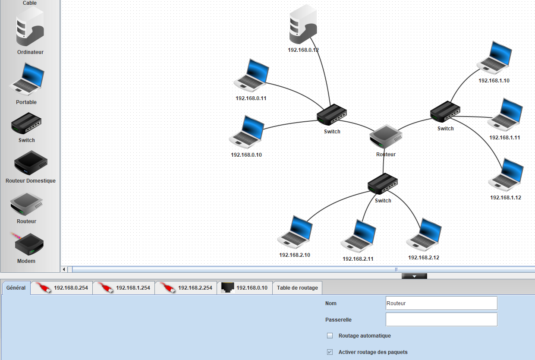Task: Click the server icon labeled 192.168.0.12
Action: click(x=303, y=24)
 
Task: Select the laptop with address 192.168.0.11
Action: click(x=251, y=75)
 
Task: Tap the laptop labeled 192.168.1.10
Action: click(x=494, y=57)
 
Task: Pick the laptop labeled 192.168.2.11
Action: click(x=358, y=236)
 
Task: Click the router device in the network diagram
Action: click(x=386, y=136)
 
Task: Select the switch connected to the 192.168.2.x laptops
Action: click(x=383, y=183)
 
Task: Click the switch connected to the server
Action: click(x=332, y=114)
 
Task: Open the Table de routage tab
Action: click(x=297, y=288)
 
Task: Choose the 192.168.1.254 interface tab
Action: click(x=124, y=288)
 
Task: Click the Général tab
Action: click(x=16, y=288)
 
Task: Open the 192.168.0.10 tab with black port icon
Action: click(x=245, y=288)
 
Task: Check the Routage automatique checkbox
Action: click(x=330, y=336)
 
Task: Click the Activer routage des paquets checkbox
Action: click(x=330, y=352)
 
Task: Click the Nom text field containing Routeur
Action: click(x=441, y=303)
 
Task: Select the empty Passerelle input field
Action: click(x=441, y=319)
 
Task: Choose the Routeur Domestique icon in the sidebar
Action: click(x=31, y=163)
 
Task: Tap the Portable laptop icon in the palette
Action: click(x=27, y=79)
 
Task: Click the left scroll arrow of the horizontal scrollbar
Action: click(x=64, y=269)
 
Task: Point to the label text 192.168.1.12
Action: click(x=506, y=198)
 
